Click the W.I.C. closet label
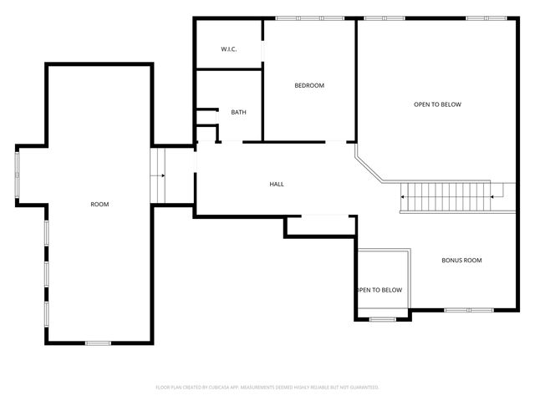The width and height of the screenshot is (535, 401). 229,49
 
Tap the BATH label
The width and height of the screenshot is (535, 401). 238,113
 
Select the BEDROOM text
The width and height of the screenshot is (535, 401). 308,86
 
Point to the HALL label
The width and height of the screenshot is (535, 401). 277,184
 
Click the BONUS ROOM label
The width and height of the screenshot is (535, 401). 461,261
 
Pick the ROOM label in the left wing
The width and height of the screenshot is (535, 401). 99,204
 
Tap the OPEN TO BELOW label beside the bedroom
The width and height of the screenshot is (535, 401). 437,104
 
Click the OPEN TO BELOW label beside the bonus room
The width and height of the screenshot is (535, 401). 380,290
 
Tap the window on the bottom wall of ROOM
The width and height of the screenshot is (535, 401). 98,343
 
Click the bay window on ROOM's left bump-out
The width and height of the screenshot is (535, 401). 17,175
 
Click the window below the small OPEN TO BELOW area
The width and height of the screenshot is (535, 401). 382,319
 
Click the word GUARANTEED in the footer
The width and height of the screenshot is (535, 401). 362,388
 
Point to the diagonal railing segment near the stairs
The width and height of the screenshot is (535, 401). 369,165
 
